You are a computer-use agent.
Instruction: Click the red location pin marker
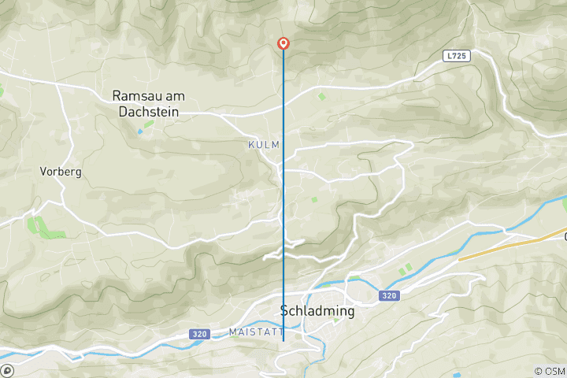coord(283,44)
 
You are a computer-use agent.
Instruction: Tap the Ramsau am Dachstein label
coord(148,104)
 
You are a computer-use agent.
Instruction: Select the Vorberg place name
coord(61,171)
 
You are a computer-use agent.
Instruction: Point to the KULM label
coord(264,145)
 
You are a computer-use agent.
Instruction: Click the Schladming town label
coord(317,311)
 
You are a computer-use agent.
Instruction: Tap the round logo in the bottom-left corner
coord(7,370)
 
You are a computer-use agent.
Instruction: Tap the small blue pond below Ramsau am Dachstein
coord(141,130)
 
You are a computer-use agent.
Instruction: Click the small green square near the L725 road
coord(321,96)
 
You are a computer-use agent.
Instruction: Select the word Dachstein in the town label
coord(148,112)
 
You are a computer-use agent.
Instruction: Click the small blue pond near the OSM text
coord(457,372)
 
